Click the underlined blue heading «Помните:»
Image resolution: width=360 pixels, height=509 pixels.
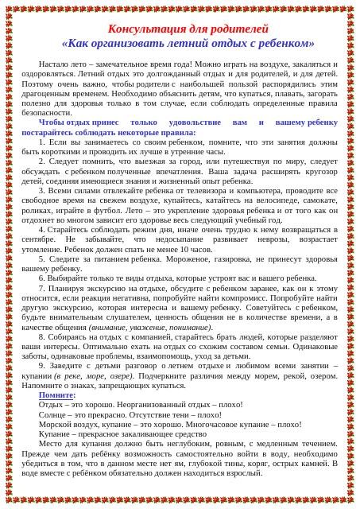57,395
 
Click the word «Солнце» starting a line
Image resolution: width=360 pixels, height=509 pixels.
52,414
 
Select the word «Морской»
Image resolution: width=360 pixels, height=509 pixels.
56,424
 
